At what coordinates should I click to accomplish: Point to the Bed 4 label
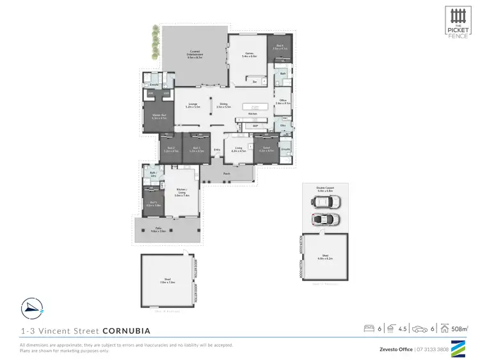[x=280, y=47]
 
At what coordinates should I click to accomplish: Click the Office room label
[x=282, y=101]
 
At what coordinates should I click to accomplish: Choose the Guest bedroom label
[x=266, y=149]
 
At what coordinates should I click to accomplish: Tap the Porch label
[x=227, y=174]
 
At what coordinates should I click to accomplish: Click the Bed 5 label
[x=153, y=204]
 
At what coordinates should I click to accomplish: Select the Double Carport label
[x=325, y=189]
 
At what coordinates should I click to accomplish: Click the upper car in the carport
[x=326, y=202]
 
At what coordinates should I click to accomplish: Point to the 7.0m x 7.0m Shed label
[x=168, y=281]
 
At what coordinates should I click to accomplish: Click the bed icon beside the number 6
[x=369, y=329]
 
